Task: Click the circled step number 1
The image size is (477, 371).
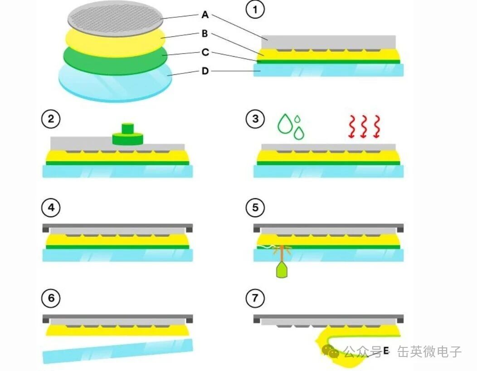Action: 255,10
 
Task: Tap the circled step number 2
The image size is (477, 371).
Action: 51,119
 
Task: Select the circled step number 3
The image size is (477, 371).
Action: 255,119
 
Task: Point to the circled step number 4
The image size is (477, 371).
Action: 51,208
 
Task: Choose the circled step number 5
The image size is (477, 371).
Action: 255,208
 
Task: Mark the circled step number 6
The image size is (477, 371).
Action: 51,298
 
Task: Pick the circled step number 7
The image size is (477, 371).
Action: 255,298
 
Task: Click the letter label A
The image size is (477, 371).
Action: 205,15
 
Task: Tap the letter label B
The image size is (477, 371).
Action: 205,34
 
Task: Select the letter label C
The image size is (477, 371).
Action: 205,52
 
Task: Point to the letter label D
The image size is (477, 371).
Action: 205,71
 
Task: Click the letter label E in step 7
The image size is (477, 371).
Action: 386,351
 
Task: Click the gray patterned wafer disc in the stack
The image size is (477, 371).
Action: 115,18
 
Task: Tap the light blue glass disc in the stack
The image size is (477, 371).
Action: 115,82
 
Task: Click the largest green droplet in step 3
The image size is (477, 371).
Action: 285,123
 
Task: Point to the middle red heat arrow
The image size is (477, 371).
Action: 364,127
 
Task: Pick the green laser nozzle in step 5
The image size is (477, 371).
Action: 282,271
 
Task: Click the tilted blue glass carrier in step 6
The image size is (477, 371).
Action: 118,351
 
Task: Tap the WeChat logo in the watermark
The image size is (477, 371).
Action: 331,351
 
